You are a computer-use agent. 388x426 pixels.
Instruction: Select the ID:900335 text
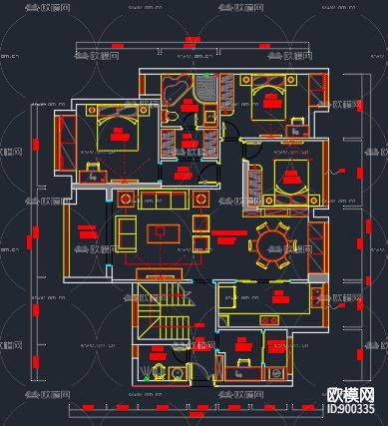354,409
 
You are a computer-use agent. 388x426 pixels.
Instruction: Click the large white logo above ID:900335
354,394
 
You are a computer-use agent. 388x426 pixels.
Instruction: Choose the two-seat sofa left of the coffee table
128,233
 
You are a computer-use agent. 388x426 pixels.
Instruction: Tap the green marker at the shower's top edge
206,75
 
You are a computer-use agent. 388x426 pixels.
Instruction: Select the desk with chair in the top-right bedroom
296,125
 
